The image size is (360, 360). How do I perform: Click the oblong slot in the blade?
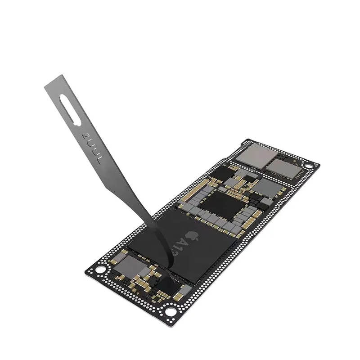click(72, 110)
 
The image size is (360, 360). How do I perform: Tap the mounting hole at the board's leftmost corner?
click(102, 270)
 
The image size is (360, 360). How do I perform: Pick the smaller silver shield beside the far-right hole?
click(282, 167)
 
